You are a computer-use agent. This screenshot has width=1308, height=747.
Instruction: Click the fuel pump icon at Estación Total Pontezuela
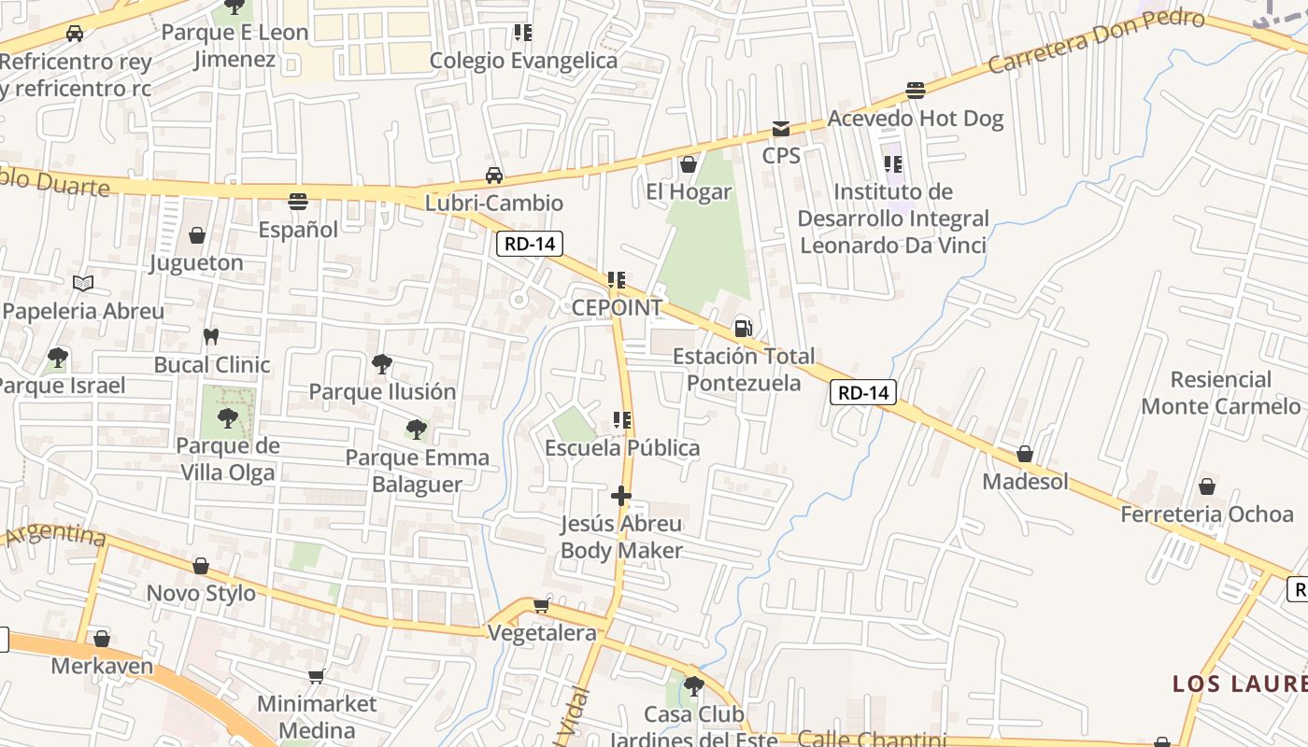pos(744,328)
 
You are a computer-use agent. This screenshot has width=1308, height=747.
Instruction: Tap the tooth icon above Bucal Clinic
pos(211,336)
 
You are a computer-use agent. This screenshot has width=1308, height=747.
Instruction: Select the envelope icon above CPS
pos(780,128)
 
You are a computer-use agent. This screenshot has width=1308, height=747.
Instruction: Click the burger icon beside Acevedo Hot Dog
pos(916,91)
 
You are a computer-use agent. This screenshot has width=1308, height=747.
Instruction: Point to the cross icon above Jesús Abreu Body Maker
pos(621,496)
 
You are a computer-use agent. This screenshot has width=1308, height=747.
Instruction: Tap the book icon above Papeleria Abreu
pos(83,283)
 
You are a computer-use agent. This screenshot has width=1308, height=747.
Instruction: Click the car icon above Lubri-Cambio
pos(493,175)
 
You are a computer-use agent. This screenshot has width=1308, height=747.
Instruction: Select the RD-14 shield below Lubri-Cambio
pos(530,245)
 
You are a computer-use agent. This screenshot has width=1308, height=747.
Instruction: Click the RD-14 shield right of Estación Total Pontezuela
pos(863,392)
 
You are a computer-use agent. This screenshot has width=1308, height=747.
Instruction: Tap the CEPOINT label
pos(617,307)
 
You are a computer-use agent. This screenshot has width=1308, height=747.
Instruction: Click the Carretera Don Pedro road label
pos(1095,42)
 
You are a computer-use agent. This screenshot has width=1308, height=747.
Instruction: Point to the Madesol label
pos(1025,482)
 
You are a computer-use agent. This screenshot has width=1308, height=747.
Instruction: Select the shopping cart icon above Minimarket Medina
pos(316,675)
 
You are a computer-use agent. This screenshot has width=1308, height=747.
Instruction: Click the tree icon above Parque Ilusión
pos(381,364)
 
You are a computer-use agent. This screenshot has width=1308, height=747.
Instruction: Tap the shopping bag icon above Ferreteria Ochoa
pos(1206,486)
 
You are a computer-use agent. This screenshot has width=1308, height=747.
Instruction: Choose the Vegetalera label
pos(542,633)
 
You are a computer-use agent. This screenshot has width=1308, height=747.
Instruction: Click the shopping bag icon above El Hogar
pos(689,164)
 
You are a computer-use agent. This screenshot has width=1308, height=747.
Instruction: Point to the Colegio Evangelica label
pos(523,61)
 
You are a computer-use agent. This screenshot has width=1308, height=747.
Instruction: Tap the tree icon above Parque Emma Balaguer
pos(417,430)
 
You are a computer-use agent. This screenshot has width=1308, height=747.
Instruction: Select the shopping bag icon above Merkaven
pos(102,639)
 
